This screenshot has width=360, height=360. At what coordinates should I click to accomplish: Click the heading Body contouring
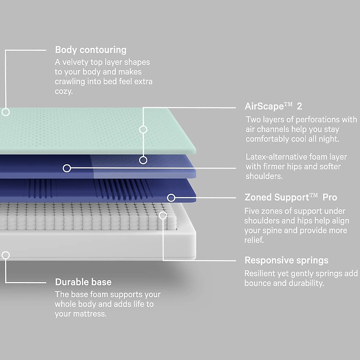91,50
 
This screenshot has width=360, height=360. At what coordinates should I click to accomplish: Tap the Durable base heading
83,282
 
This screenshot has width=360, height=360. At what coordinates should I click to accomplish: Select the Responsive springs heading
286,260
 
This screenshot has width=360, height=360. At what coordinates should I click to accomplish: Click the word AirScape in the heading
264,106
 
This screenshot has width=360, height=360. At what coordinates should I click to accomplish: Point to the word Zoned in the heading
258,197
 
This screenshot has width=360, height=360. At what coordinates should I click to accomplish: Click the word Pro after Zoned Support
330,197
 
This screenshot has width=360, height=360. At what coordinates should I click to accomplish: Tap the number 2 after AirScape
299,106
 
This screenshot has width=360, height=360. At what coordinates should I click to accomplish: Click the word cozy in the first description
63,91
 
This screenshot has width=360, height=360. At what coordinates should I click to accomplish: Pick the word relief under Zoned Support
253,240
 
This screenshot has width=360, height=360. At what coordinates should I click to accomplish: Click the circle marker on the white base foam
6,255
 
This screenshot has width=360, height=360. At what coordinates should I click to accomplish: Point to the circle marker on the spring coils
163,215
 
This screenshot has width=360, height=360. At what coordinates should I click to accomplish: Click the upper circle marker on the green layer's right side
143,129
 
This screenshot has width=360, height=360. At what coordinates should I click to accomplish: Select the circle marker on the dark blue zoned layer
171,197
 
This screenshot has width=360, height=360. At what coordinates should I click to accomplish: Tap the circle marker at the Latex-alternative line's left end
67,168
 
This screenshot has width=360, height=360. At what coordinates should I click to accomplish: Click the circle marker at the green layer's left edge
6,112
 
